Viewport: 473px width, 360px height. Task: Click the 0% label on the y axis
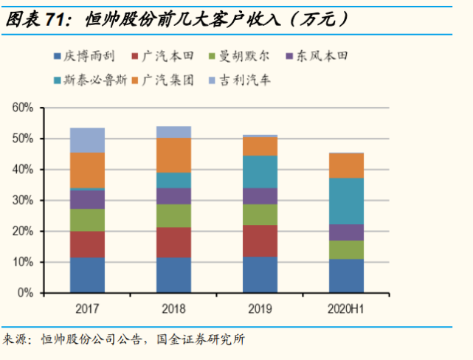tap(26, 293)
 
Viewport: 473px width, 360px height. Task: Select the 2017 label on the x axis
tap(87, 308)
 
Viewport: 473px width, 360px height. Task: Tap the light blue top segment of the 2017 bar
tap(87, 140)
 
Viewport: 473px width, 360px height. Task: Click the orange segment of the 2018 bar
tap(173, 155)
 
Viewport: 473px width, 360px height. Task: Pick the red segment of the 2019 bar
tap(260, 240)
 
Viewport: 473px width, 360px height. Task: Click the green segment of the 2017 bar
tap(87, 220)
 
